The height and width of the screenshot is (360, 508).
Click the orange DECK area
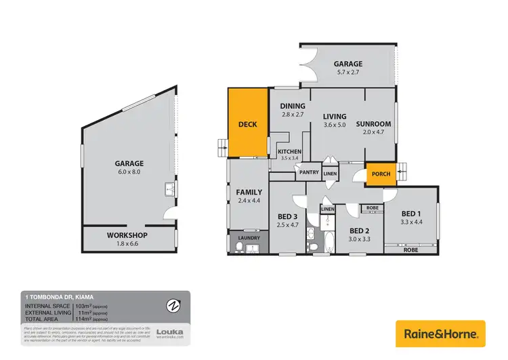click(248, 123)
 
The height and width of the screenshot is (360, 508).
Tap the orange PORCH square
click(378, 174)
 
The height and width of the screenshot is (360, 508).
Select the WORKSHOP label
click(127, 235)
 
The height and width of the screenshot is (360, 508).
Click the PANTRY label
click(309, 172)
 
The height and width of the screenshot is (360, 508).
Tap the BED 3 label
click(288, 217)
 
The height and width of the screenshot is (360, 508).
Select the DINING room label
click(293, 106)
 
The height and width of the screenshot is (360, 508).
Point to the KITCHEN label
click(289, 151)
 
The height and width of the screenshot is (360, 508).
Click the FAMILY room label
click(249, 193)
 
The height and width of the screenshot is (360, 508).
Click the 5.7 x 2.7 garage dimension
click(347, 73)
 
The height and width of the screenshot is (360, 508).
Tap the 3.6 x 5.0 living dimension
click(335, 125)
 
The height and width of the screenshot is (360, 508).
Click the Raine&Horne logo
click(440, 334)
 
